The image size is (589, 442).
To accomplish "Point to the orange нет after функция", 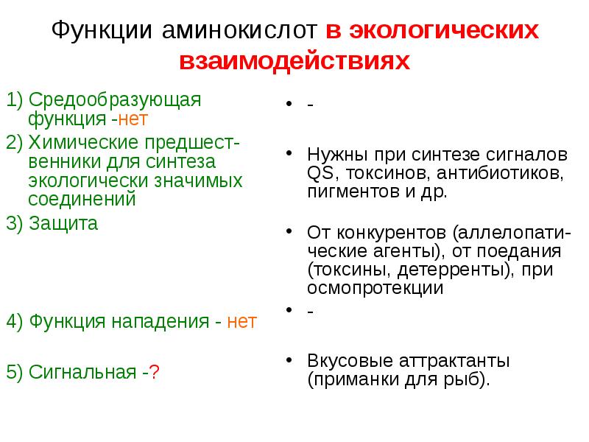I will (x=138, y=117).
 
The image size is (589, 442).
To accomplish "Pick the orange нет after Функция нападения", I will (x=241, y=322).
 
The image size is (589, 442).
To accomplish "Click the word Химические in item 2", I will (x=81, y=142).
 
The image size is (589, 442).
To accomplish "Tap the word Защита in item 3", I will (x=64, y=224).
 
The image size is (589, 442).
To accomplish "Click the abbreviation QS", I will (x=320, y=174).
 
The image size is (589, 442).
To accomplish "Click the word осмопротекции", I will (x=375, y=288).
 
